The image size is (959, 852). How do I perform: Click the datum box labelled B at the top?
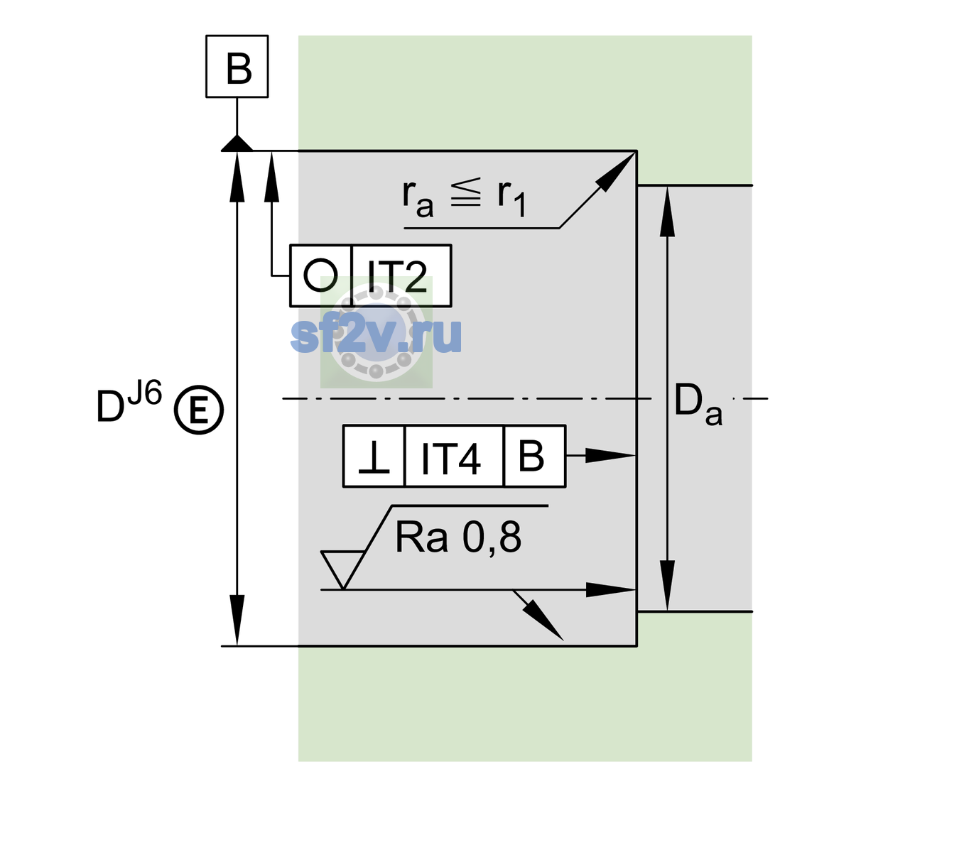pos(237,66)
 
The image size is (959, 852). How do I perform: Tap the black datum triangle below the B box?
pos(237,143)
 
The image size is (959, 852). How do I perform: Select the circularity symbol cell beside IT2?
pos(321,275)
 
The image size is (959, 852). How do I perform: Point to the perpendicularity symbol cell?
pos(374,456)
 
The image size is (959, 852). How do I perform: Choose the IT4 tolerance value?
pos(450,459)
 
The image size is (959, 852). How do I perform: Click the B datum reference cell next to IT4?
pos(534,456)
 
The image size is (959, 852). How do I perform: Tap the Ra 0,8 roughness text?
pos(457,537)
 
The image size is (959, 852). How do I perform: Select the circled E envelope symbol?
pos(199,410)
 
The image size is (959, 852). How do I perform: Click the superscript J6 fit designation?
pos(145,393)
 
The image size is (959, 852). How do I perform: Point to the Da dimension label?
pos(698,403)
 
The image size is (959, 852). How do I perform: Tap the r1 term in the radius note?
pos(511,197)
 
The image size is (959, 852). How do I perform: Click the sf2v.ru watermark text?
pos(376,335)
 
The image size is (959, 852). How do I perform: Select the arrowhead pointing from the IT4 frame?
pos(610,456)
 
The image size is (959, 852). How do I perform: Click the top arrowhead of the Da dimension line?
pos(668,211)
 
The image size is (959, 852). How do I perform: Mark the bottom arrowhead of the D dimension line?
pos(237,621)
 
